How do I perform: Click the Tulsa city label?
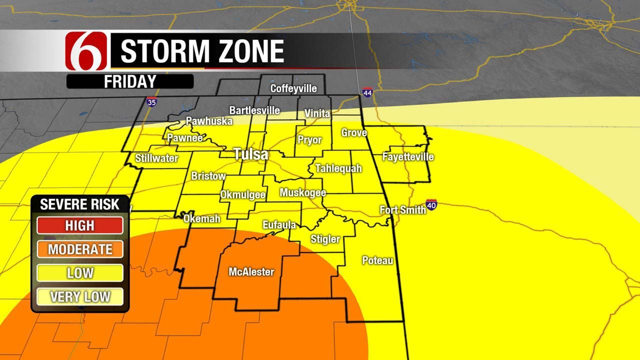251,154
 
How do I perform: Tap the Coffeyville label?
293,88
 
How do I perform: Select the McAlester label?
251,272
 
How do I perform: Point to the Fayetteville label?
408,157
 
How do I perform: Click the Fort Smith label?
402,210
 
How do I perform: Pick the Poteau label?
377,260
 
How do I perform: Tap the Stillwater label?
156,158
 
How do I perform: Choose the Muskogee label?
302,192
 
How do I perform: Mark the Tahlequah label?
338,168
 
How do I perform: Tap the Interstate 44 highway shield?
367,92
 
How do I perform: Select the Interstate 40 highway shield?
431,205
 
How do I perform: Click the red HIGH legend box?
80,225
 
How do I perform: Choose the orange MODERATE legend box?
80,249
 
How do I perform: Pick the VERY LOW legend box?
80,296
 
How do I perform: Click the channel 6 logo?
86,50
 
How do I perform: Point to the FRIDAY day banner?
130,81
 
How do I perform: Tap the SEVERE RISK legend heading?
80,204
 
